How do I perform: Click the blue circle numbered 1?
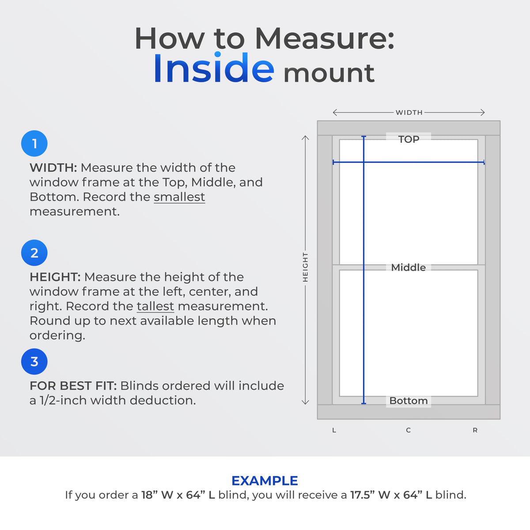pos(34,143)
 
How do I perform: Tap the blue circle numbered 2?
pos(34,253)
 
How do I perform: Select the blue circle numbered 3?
pos(34,361)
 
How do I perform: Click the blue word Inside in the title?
pos(214,68)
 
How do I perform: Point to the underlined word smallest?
pos(179,197)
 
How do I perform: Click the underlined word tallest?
pos(155,306)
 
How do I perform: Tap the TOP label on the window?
pos(409,139)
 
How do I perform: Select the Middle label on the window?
pos(409,267)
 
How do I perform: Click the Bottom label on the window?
pos(409,401)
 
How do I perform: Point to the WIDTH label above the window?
pos(409,113)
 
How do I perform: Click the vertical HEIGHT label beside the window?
pos(305,267)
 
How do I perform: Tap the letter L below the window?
pos(334,430)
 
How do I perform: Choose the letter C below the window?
pos(409,430)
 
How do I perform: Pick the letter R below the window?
pos(475,430)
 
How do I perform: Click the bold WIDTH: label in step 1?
pos(53,168)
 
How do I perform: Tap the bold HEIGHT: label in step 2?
pos(55,277)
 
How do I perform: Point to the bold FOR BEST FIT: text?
pos(73,386)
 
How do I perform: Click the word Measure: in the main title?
pos(325,38)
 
